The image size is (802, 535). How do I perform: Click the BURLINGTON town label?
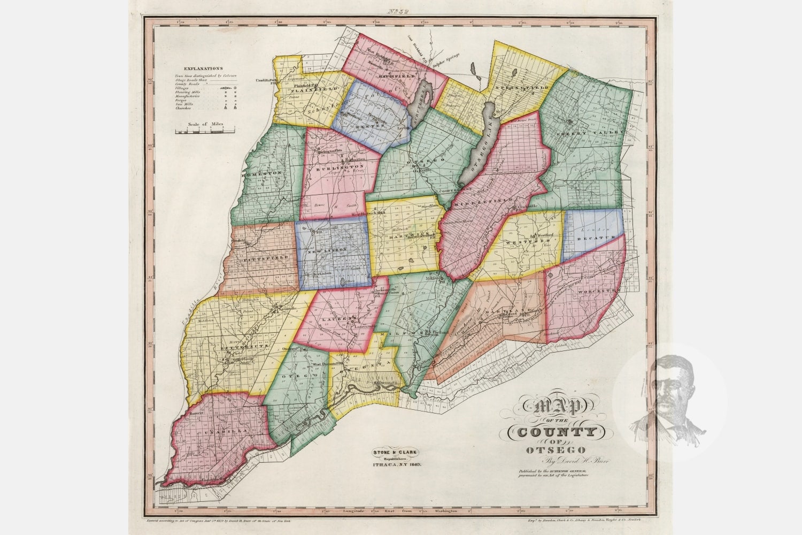click(x=340, y=166)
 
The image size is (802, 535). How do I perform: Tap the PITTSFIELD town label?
click(x=263, y=257)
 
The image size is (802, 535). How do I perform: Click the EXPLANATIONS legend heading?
click(x=203, y=69)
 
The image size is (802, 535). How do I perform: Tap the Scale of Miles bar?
click(x=206, y=130)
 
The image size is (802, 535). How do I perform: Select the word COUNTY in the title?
click(x=552, y=432)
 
